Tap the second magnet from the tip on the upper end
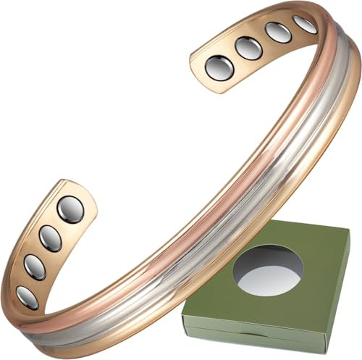click(248, 49)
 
